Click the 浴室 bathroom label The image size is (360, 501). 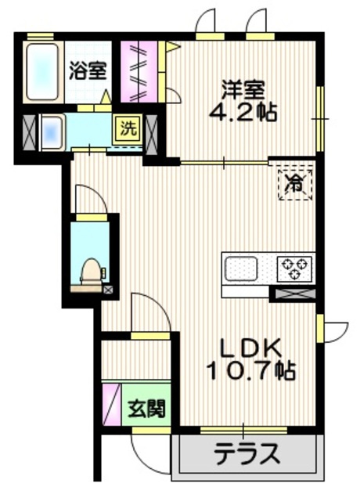88,70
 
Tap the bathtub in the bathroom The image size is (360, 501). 43,72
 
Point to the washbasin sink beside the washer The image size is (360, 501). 52,132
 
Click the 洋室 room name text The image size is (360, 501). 243,91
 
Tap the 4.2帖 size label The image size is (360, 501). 243,112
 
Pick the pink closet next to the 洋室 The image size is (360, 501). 139,71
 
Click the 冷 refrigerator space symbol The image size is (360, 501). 295,185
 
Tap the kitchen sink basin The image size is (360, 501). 241,269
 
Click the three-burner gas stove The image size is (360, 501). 294,269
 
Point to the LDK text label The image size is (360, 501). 251,348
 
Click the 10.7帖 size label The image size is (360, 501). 251,370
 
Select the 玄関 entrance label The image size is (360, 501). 146,408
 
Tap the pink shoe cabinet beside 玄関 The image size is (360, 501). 112,404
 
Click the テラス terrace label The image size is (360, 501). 247,454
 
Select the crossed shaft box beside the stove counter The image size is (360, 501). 293,294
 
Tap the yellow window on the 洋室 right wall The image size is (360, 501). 320,118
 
